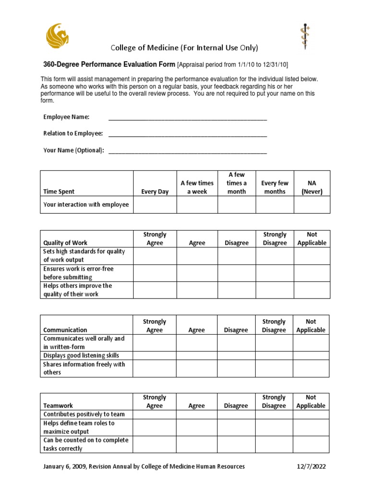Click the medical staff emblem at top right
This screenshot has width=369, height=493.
tap(305, 36)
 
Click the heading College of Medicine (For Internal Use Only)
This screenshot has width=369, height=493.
tap(184, 48)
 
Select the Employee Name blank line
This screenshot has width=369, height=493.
tap(187, 117)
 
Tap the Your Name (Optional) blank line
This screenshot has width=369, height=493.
tap(187, 150)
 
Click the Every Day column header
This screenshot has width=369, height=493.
tap(155, 192)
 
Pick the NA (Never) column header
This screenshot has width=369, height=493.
tap(312, 187)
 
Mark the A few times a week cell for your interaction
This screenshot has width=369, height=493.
tap(197, 205)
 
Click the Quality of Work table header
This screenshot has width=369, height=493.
tap(65, 243)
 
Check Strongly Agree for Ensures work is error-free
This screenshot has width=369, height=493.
tap(155, 273)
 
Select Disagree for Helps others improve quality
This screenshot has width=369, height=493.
tap(236, 290)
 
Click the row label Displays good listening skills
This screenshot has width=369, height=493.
tap(81, 356)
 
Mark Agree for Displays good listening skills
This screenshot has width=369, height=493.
tap(197, 356)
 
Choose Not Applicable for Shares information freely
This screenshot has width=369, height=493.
tap(311, 368)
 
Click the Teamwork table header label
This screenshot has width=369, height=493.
tap(58, 406)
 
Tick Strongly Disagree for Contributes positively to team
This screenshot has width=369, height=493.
tap(274, 415)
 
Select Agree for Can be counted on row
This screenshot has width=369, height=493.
tap(197, 444)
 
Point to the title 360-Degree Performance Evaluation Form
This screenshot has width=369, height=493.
tap(107, 65)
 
